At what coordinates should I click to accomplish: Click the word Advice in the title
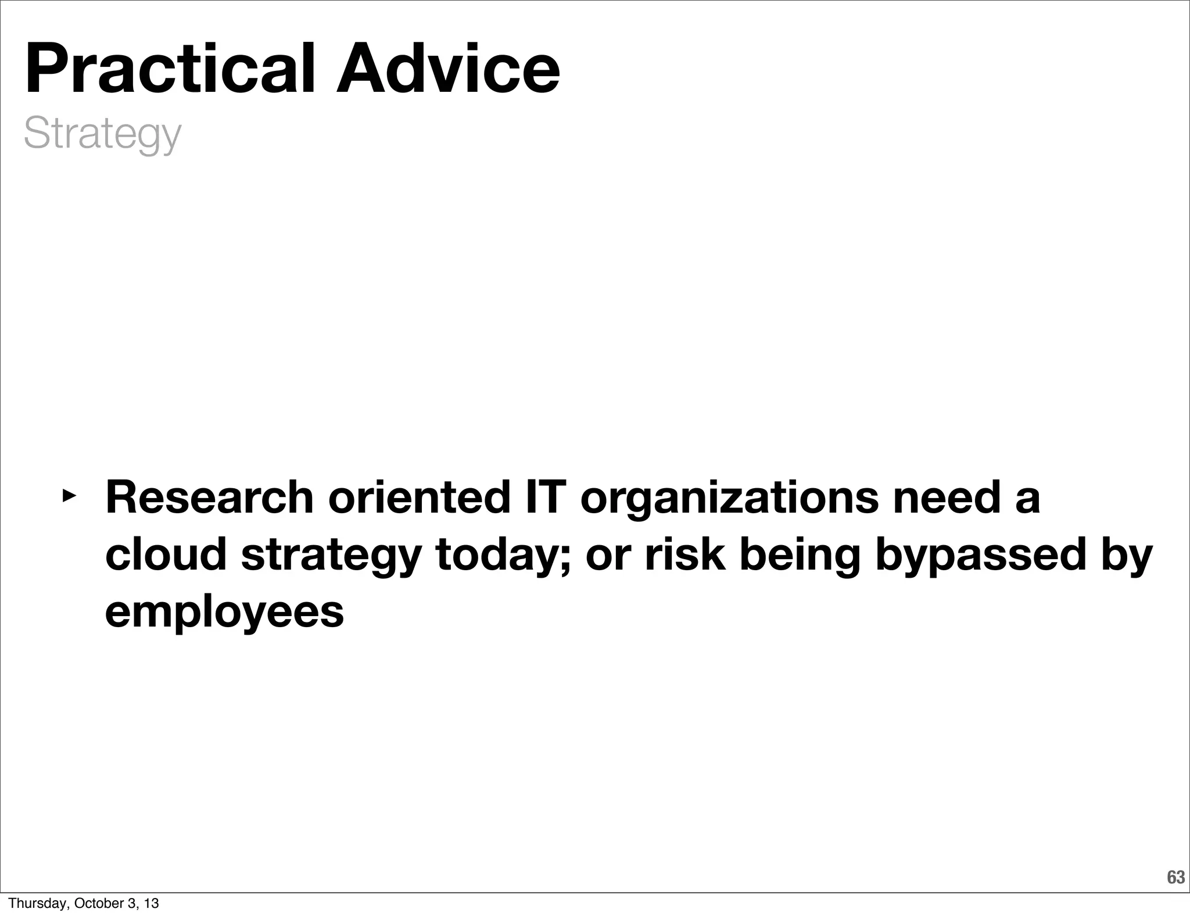coord(447,70)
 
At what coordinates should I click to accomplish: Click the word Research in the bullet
coord(209,498)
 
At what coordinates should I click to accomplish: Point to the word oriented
coord(418,498)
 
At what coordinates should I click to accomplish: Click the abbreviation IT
coord(544,498)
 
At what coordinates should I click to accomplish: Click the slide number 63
coord(1175,877)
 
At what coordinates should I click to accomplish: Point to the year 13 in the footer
coord(151,903)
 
